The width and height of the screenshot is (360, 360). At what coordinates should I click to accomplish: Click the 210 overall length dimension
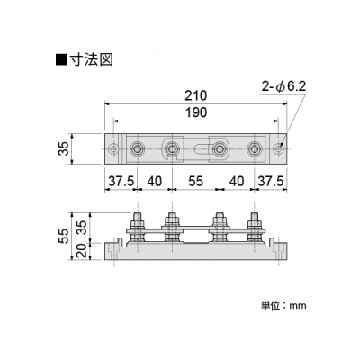click(195, 95)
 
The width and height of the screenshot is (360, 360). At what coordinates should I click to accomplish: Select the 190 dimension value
click(195, 112)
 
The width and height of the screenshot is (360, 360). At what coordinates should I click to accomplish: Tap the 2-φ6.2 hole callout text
click(283, 87)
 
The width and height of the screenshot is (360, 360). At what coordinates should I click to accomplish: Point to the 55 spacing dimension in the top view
click(195, 181)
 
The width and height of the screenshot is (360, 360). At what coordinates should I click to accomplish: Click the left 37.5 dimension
click(121, 181)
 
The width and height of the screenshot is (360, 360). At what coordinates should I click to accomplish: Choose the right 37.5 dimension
click(270, 181)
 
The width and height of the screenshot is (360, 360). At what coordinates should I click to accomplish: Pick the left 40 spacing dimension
click(154, 181)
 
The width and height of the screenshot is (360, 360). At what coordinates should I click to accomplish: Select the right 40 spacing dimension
click(237, 181)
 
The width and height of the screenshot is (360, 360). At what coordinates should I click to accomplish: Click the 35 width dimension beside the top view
click(64, 148)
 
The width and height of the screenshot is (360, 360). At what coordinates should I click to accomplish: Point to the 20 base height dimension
click(81, 251)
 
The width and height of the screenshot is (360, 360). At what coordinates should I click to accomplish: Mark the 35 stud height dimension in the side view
click(81, 228)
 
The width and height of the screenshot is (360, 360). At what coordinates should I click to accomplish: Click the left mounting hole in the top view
click(113, 148)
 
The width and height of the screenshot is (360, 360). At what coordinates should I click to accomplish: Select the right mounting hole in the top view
click(279, 148)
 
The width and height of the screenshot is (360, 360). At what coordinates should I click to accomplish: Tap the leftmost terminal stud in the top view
click(137, 148)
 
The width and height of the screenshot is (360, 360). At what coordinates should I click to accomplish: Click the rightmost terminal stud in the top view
click(255, 148)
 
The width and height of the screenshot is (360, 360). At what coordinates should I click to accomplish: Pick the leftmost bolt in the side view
click(137, 228)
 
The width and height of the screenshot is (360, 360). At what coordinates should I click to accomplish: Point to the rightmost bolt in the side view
click(255, 228)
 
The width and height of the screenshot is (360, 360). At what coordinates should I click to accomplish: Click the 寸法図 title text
click(91, 59)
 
